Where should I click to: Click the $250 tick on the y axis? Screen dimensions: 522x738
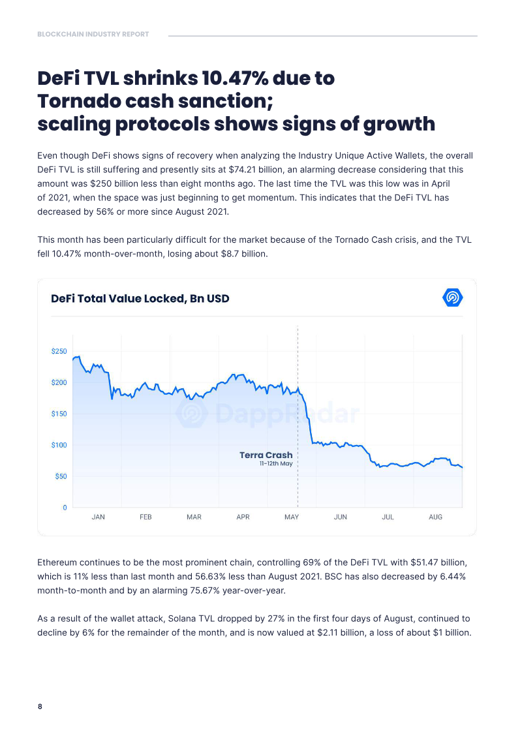click(59, 351)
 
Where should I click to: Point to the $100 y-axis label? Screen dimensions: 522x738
click(59, 445)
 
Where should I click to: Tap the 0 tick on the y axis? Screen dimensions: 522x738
click(65, 508)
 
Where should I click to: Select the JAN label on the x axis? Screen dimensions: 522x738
click(98, 517)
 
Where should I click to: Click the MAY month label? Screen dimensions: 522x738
click(292, 517)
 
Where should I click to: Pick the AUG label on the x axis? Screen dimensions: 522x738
click(435, 517)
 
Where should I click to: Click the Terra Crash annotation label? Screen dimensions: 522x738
click(266, 455)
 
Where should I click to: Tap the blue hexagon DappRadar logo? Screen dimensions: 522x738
click(453, 298)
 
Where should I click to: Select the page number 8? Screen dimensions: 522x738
click(40, 706)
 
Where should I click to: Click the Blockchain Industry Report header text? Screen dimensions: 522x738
click(93, 35)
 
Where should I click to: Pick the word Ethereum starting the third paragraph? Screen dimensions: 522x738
click(57, 562)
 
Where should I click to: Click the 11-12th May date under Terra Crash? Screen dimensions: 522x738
click(276, 463)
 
